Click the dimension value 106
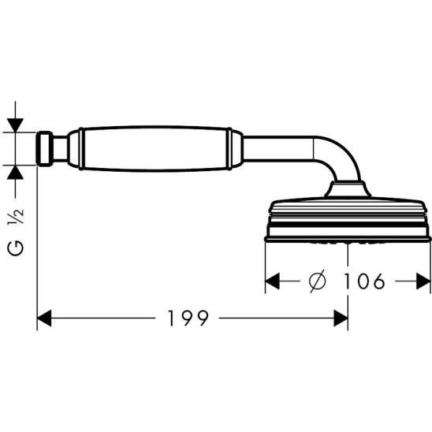tap(365, 281)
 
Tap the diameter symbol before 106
tap(317, 281)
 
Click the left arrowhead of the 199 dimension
tap(45, 318)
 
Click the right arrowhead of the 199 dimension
tap(341, 318)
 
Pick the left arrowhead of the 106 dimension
tap(272, 281)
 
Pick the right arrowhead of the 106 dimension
tap(423, 281)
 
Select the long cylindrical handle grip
tap(154, 148)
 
